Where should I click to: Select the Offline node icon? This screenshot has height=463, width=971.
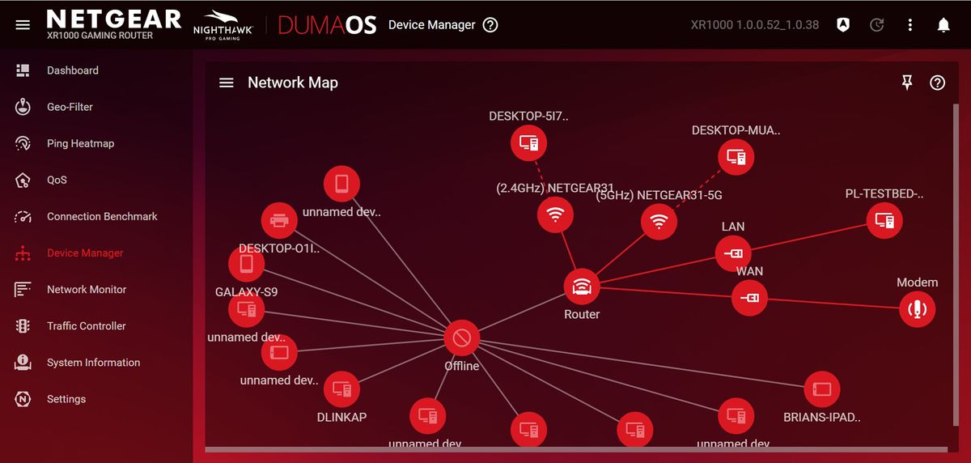click(461, 338)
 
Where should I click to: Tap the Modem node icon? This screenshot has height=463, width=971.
click(917, 308)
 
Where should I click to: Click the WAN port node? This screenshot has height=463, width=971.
click(750, 298)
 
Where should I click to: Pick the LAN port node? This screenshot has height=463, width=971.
click(733, 253)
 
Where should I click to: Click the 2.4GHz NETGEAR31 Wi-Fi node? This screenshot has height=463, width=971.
click(555, 215)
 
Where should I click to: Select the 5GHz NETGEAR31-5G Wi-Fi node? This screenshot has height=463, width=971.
click(659, 221)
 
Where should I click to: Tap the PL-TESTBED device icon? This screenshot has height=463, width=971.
click(884, 220)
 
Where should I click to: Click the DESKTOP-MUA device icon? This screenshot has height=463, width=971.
click(736, 156)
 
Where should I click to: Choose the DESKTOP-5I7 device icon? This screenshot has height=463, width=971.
click(528, 143)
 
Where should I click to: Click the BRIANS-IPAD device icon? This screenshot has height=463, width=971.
click(821, 389)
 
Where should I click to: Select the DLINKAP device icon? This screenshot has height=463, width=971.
click(341, 390)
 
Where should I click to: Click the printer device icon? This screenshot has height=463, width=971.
click(279, 219)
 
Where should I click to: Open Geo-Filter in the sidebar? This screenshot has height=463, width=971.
click(70, 107)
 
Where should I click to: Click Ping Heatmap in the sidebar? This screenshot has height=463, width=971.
click(80, 143)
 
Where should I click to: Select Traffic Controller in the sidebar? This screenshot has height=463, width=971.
click(86, 326)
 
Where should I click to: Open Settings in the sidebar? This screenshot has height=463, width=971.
click(66, 399)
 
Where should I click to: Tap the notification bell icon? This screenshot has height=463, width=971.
click(943, 25)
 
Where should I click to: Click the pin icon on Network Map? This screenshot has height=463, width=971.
click(907, 83)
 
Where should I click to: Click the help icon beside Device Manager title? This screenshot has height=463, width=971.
click(490, 25)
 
